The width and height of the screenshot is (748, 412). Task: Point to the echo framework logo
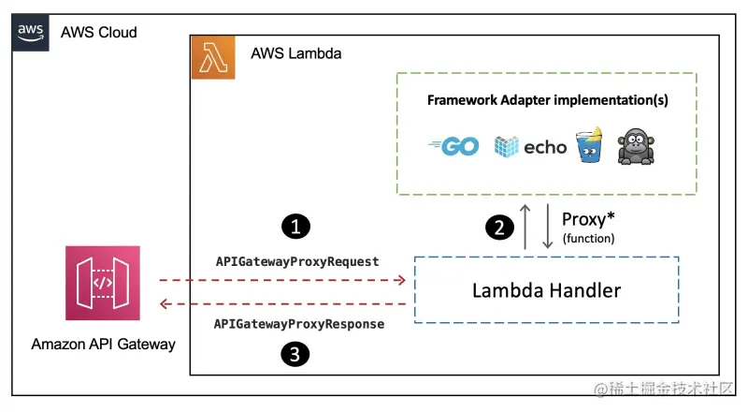pyautogui.click(x=530, y=146)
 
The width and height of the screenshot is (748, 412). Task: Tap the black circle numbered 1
pyautogui.click(x=295, y=226)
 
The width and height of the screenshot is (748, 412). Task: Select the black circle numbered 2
pyautogui.click(x=501, y=228)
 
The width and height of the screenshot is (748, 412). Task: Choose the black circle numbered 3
pyautogui.click(x=295, y=353)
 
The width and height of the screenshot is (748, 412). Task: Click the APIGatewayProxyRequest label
pyautogui.click(x=296, y=262)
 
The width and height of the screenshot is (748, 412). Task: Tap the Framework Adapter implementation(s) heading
pyautogui.click(x=547, y=99)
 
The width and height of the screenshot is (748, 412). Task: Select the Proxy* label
pyautogui.click(x=588, y=220)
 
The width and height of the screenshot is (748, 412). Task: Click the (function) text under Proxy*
pyautogui.click(x=588, y=239)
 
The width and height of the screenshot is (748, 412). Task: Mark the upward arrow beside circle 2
pyautogui.click(x=527, y=228)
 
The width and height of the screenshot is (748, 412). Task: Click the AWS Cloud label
pyautogui.click(x=99, y=33)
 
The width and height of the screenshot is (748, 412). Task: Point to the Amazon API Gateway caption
pyautogui.click(x=103, y=344)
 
